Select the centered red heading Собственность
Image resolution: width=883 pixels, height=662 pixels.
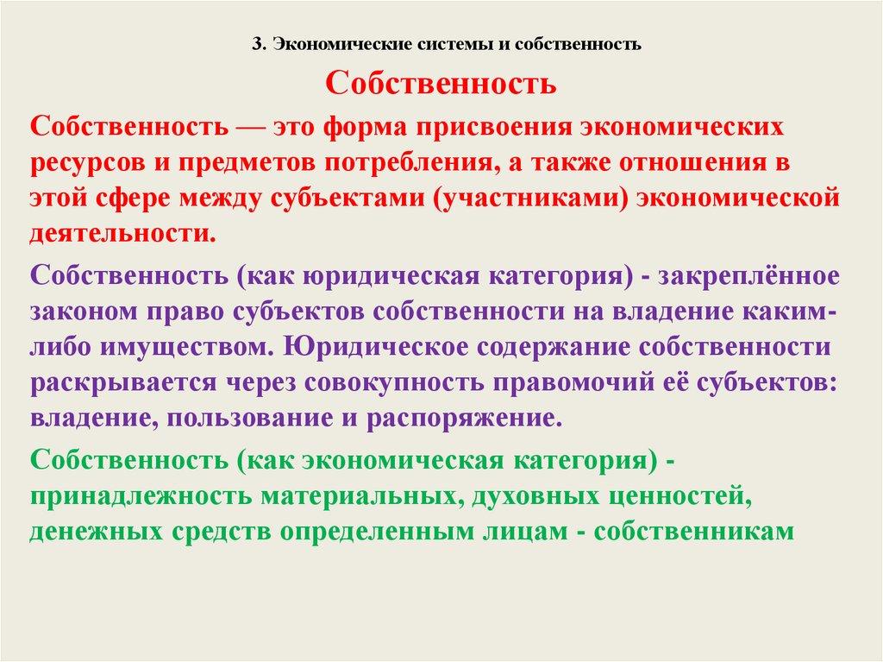441,85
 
